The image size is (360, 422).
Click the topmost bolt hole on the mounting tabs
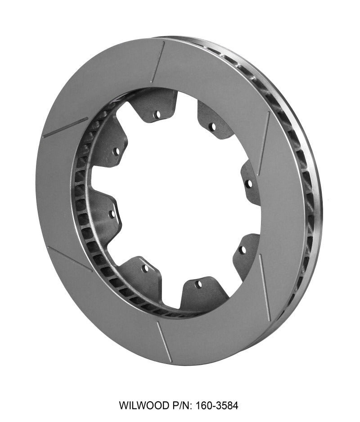pos(157,115)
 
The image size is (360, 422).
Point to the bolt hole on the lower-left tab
pos(145,268)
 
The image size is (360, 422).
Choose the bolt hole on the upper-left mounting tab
pos(116,151)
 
